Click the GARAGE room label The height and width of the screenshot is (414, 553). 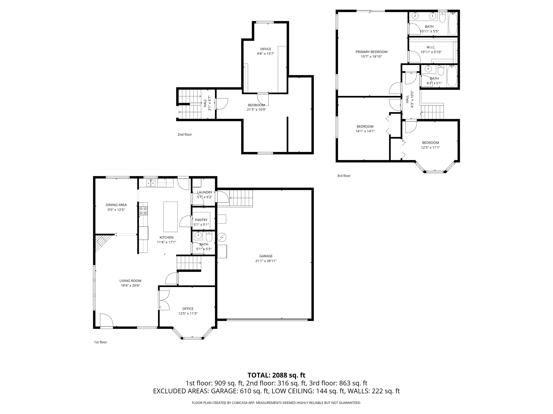click(x=266, y=256)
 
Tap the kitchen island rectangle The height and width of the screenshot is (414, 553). click(x=170, y=217)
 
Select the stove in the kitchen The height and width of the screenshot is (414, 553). click(x=143, y=211)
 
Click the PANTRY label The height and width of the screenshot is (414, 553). click(x=201, y=220)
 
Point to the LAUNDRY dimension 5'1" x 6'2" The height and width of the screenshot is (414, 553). click(x=204, y=197)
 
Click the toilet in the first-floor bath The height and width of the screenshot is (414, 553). click(x=209, y=237)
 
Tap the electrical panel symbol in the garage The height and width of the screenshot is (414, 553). click(x=222, y=237)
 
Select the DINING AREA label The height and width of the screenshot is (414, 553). click(x=116, y=205)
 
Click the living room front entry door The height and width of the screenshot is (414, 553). click(x=106, y=321)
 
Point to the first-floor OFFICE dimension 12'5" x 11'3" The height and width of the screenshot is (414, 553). click(x=188, y=313)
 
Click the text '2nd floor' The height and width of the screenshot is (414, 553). click(x=184, y=134)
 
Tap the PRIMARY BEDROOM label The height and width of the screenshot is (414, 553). click(x=371, y=52)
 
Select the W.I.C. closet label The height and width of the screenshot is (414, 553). click(x=431, y=47)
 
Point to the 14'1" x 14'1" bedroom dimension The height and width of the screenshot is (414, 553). click(x=365, y=131)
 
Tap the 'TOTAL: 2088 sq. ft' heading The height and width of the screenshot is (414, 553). click(x=276, y=375)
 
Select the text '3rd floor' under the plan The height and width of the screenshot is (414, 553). click(x=343, y=176)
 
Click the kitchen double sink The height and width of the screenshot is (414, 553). click(x=151, y=183)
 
